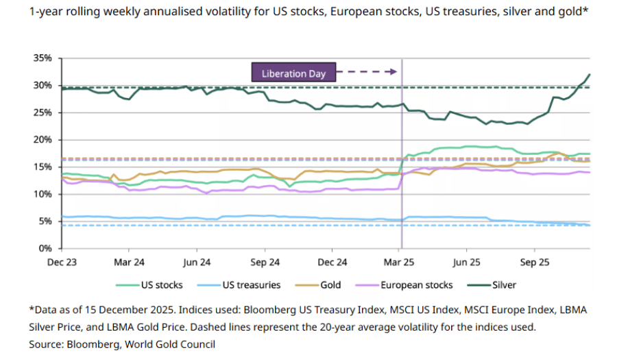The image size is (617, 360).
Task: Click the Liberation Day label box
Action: coord(293,72)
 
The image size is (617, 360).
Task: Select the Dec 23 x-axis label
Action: coord(62,262)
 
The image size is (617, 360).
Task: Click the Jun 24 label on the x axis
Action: coord(197,262)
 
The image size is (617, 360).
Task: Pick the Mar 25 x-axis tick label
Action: coord(400,262)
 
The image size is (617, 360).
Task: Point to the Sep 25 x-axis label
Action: coord(535,262)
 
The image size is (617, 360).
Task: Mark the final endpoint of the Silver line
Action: coord(590,74)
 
